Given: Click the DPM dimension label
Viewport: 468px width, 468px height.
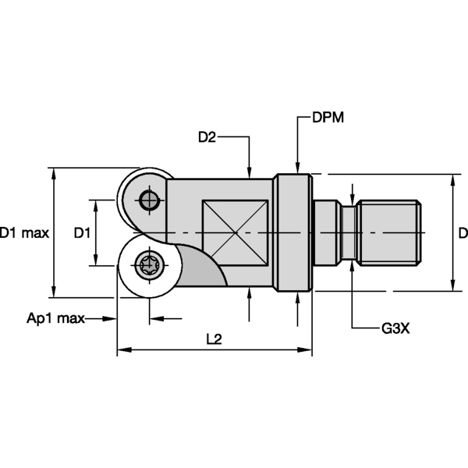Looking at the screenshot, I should tap(328, 118).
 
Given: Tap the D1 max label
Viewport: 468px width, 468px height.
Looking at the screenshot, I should tap(24, 232).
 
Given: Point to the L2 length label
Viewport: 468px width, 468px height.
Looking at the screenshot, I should tap(214, 339).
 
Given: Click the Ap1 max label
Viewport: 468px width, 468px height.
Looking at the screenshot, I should tap(55, 318).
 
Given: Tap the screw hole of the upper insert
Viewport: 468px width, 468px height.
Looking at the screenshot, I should tap(148, 200).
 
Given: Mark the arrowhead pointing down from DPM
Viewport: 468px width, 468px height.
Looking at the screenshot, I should tap(297, 167).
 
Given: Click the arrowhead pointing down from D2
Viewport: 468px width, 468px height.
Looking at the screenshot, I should tap(248, 174).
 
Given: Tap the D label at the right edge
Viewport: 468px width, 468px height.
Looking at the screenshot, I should tap(463, 232).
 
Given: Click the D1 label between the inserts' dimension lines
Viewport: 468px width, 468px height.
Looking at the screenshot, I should tap(83, 232).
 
